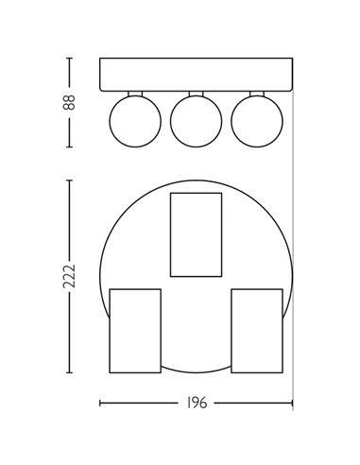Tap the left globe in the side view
point(133,120)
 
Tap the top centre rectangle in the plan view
point(196,233)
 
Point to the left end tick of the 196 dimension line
point(100,403)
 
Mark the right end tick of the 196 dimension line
point(293,403)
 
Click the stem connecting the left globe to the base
point(133,93)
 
